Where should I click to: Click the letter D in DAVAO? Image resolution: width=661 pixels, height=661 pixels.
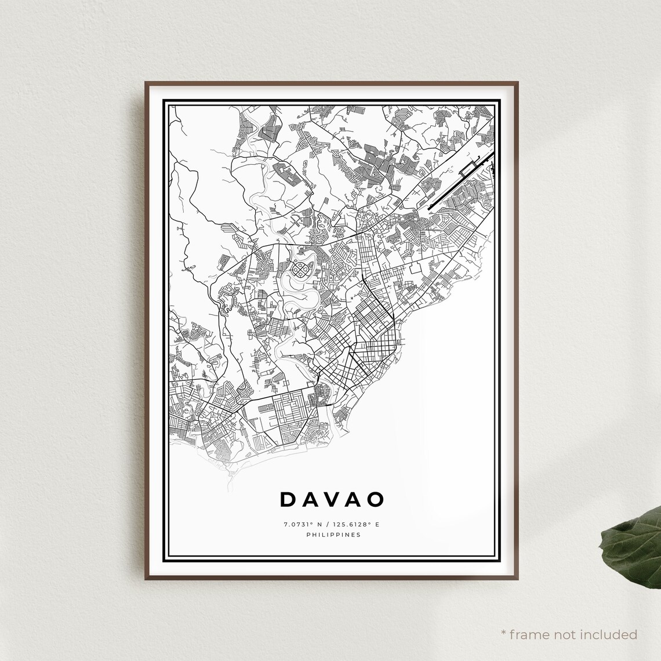coord(288,499)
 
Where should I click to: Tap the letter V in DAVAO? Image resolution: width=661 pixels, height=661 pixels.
coord(332,499)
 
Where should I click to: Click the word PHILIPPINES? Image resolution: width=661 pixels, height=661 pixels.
coord(333,535)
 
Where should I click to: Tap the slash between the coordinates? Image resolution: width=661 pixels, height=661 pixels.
coord(326,525)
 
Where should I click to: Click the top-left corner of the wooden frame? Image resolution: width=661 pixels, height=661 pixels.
coord(146,83)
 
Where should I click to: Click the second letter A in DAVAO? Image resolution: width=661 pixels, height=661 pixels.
coord(353,499)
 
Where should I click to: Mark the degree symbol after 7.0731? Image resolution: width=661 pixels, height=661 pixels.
coord(311,523)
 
